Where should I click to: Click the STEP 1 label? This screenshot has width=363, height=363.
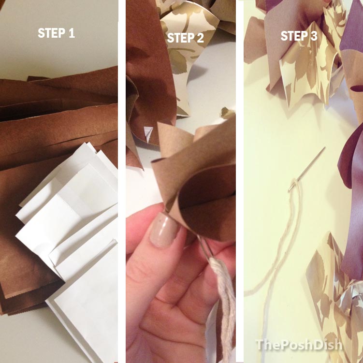click(56, 33)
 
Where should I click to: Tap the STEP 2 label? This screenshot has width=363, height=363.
click(186, 38)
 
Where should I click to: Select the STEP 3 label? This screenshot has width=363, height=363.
click(299, 36)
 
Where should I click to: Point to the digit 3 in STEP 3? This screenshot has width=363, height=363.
click(314, 36)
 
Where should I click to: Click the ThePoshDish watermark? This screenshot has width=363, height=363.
click(299, 345)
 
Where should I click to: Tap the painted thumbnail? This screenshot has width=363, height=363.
click(164, 231)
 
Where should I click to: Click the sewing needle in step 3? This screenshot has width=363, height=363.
click(306, 170)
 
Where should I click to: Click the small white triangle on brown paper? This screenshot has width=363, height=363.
click(148, 133)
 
